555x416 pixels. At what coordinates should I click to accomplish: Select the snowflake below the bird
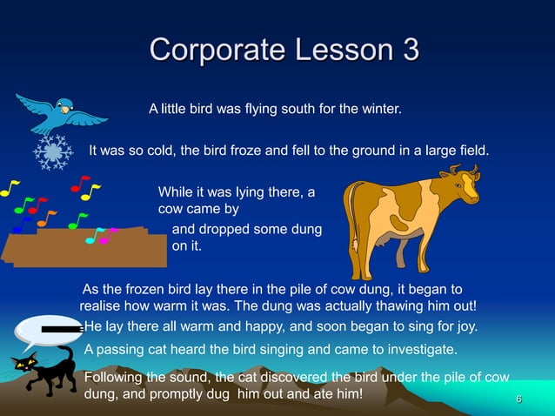(53, 152)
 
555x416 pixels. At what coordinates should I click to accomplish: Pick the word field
(471, 151)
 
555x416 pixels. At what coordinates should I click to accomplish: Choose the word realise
(103, 306)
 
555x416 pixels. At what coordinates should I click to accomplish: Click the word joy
(465, 327)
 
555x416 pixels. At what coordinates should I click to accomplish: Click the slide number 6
(518, 399)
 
